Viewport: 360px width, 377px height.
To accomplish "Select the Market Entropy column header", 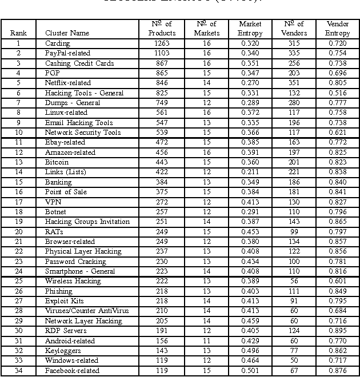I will tap(250, 29).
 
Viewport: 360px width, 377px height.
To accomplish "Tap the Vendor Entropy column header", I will tap(337, 29).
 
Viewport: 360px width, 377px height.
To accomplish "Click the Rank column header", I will tap(18, 33).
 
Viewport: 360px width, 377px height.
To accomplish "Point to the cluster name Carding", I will tap(57, 43).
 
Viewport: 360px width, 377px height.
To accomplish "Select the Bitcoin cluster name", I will tap(57, 162).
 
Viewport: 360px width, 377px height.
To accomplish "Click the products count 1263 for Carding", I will tap(162, 43).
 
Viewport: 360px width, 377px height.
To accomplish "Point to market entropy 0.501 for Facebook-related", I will tap(250, 371).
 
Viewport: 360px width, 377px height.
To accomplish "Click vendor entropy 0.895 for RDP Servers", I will tap(337, 331).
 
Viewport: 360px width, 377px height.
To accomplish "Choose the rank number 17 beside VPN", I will tap(18, 202).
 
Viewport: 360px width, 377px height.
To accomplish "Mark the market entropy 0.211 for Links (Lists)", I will tap(250, 172).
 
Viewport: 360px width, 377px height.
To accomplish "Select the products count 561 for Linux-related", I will tap(162, 113).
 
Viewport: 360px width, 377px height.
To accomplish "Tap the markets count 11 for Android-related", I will tap(206, 341).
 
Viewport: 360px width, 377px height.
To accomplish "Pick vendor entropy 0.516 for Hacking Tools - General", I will tap(337, 93).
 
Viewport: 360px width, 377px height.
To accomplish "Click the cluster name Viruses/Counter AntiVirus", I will tap(86, 311).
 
